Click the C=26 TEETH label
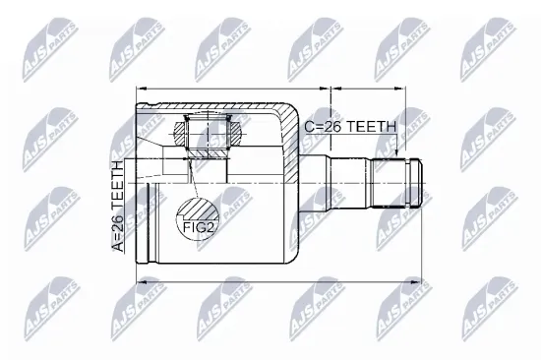(x=349, y=126)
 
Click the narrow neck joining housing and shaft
(x=316, y=179)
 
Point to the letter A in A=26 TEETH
(x=118, y=246)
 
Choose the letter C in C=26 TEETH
(x=309, y=126)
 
